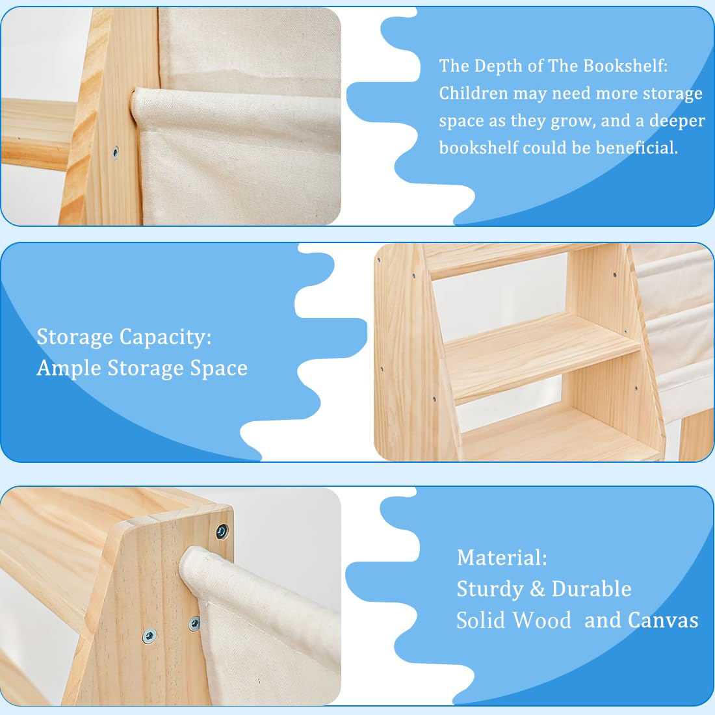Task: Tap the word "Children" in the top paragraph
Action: pos(473,94)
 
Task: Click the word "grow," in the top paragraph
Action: pos(572,121)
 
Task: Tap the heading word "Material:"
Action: pos(502,558)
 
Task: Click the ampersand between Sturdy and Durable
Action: pos(538,589)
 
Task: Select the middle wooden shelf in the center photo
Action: pos(539,354)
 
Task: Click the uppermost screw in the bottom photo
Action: pos(222,532)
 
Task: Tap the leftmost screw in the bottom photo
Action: pos(149,634)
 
